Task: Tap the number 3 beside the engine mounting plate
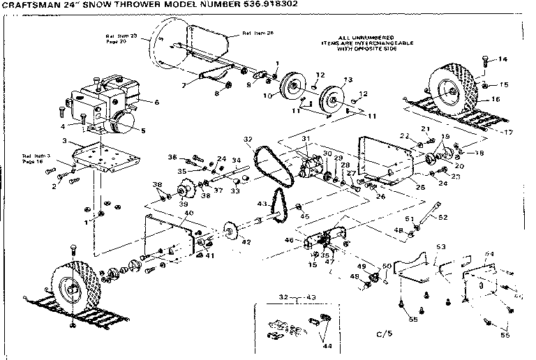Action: click(64, 142)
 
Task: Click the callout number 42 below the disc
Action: click(245, 242)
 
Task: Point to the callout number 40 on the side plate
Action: click(188, 213)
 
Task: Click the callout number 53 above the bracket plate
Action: click(441, 247)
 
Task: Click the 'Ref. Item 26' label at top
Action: click(258, 33)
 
